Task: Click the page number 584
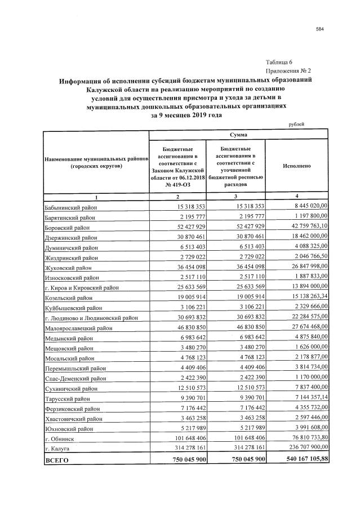pos(320,29)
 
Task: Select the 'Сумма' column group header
pos(238,135)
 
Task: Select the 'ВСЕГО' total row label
pos(56,460)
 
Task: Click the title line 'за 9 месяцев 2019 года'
pos(186,116)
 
